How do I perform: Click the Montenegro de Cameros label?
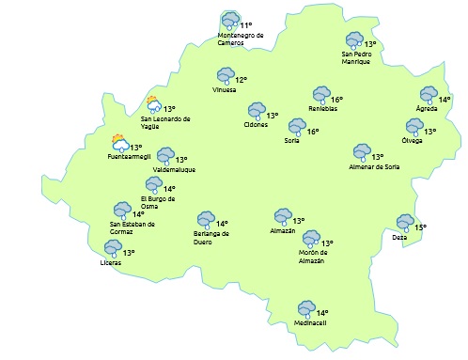pyautogui.click(x=241, y=39)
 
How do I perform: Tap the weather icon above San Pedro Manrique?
pyautogui.click(x=354, y=41)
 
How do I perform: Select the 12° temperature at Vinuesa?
pyautogui.click(x=241, y=80)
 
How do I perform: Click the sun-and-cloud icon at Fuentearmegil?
pyautogui.click(x=119, y=144)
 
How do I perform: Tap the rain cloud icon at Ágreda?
pyautogui.click(x=429, y=95)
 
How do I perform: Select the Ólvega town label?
pyautogui.click(x=412, y=141)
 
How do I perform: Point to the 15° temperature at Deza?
pyautogui.click(x=420, y=227)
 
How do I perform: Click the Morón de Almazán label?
pyautogui.click(x=312, y=257)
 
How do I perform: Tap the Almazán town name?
pyautogui.click(x=282, y=230)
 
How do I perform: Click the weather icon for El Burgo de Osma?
pyautogui.click(x=154, y=185)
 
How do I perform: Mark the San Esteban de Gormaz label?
pyautogui.click(x=132, y=227)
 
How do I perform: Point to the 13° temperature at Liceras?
pyautogui.click(x=129, y=252)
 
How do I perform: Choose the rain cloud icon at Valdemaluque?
pyautogui.click(x=165, y=156)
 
